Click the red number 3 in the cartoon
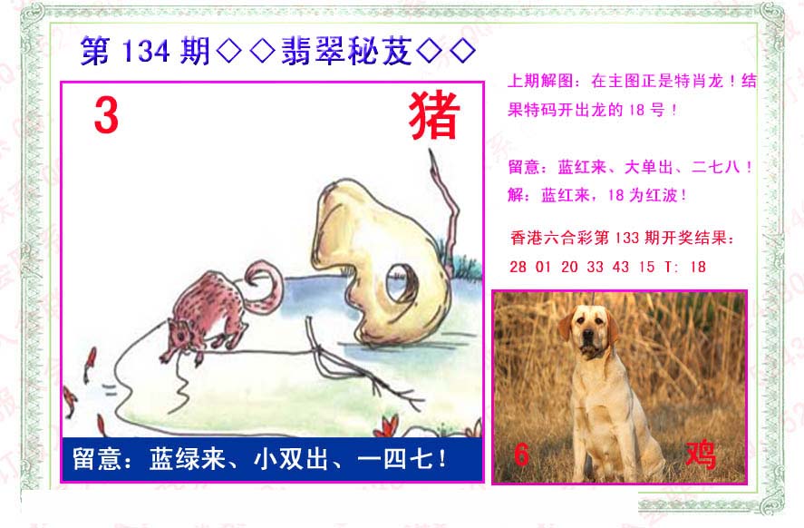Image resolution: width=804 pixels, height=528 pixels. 107,116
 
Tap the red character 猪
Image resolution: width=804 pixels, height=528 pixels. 434,116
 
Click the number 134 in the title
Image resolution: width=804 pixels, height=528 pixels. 146,52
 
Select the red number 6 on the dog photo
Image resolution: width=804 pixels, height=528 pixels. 521,455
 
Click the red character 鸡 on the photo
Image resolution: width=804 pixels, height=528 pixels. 701,455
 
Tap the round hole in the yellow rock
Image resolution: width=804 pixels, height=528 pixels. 401,282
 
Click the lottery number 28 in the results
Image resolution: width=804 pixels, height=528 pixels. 518,267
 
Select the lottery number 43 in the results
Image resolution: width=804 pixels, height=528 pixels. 620,267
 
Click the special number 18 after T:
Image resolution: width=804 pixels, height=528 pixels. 698,267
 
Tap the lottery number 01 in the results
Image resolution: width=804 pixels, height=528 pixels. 543,267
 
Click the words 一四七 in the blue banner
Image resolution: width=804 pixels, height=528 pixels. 395,459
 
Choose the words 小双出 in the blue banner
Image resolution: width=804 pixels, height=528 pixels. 291,459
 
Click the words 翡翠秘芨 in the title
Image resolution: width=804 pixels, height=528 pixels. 346,52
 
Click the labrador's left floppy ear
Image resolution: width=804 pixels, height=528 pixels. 567,326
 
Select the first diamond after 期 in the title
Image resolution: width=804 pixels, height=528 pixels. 229,52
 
